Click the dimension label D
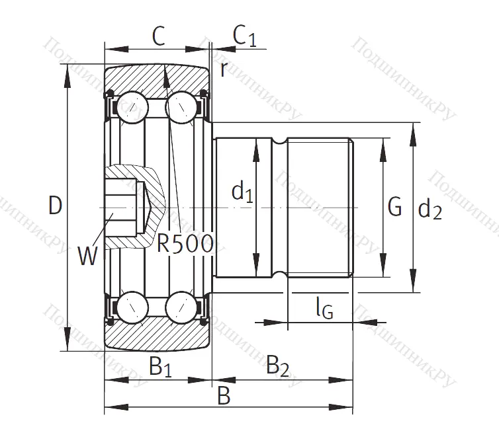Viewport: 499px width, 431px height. (56, 206)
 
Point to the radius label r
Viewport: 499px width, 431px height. (224, 69)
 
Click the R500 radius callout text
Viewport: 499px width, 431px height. (186, 244)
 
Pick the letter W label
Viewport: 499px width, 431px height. (87, 255)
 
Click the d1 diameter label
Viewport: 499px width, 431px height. (242, 192)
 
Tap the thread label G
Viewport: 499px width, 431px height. (394, 207)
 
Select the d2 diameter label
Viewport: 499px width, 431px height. (430, 210)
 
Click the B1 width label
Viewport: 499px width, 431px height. (159, 366)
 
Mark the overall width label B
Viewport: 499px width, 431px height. (224, 396)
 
